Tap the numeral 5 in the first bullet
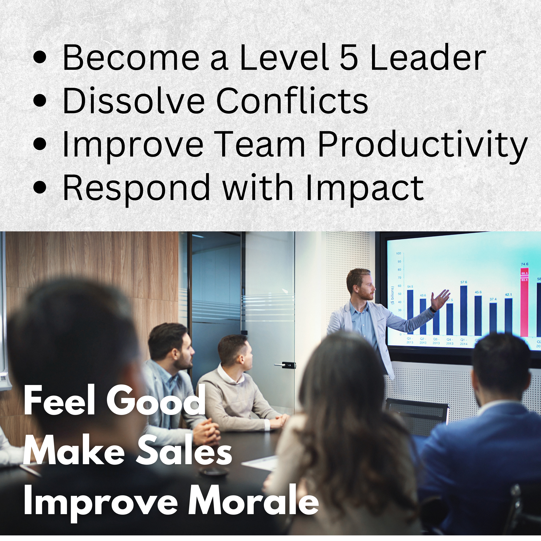(349, 57)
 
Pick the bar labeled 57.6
(463, 311)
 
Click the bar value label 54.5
(410, 287)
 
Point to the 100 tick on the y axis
(399, 253)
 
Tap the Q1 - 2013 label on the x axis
(410, 340)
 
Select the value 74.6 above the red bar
(524, 264)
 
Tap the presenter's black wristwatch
(433, 309)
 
